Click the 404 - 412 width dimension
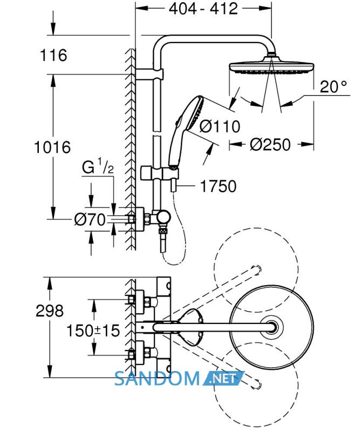coord(203,9)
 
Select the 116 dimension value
coord(53,55)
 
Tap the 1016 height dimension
coord(52,147)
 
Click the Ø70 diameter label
coord(90,220)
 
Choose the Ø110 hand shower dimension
coord(220,126)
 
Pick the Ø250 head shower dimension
coord(270,145)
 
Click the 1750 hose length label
coord(218,186)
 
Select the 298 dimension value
coord(50,311)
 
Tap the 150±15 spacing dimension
coord(93,330)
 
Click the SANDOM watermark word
coord(157,379)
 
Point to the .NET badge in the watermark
coord(223,379)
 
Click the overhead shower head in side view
coord(271,66)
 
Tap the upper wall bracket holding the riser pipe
coord(150,74)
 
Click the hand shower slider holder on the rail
coord(160,174)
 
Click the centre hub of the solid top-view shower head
coord(273,327)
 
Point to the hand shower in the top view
coord(192,327)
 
